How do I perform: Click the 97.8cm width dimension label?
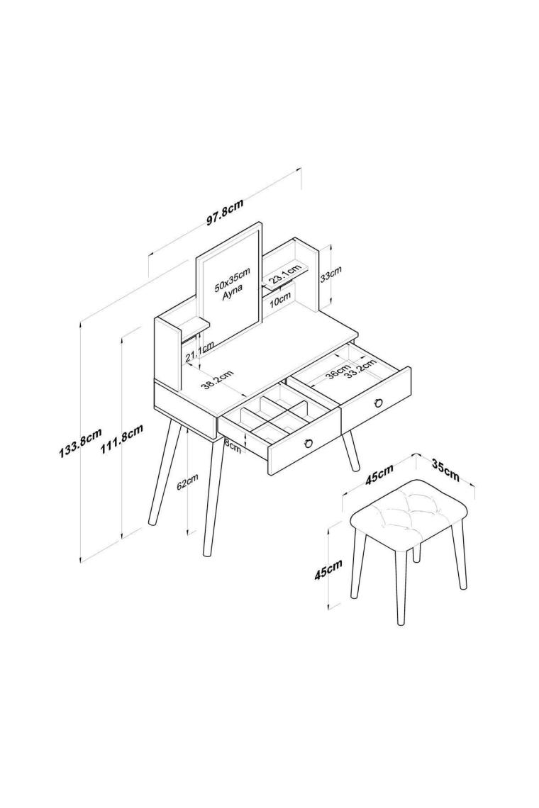[225, 213]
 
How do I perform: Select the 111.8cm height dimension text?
[121, 439]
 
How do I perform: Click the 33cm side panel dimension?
[330, 275]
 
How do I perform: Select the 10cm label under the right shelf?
[280, 300]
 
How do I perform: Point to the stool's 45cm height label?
[328, 571]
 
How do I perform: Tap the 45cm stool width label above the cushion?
[379, 473]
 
